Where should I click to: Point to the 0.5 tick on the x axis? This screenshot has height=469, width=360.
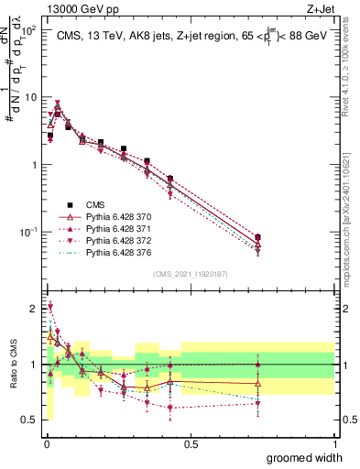tap(191, 443)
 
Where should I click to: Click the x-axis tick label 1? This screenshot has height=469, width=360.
tap(334, 443)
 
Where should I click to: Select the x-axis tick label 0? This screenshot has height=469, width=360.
tap(46, 443)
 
